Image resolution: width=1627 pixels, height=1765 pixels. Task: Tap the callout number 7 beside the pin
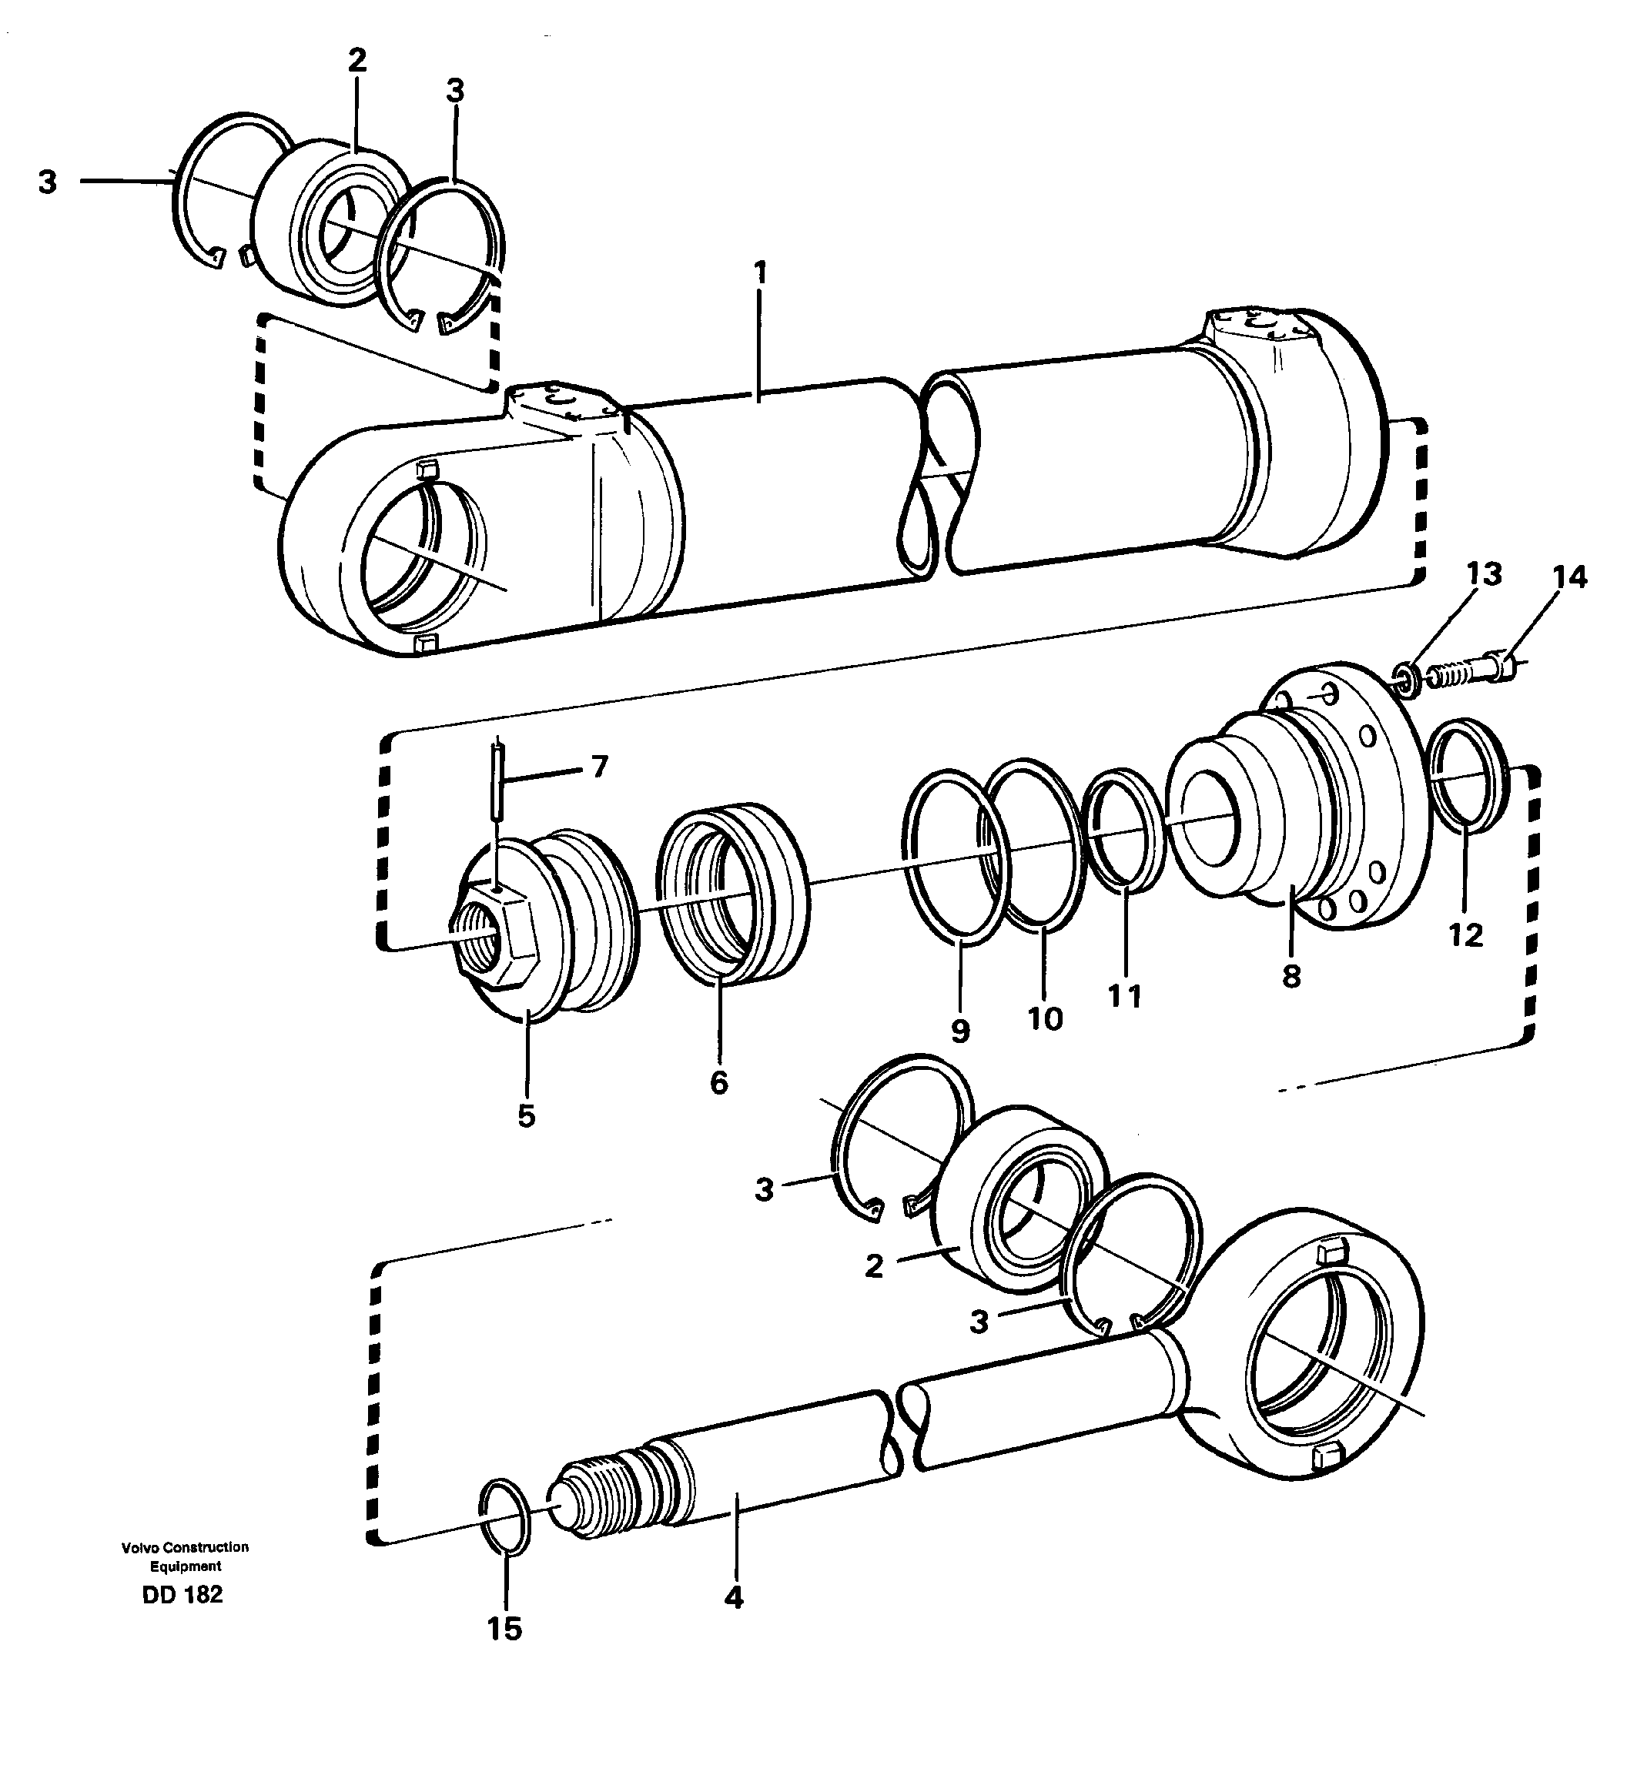pyautogui.click(x=600, y=767)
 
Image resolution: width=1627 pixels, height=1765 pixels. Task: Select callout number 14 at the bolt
pyautogui.click(x=1569, y=577)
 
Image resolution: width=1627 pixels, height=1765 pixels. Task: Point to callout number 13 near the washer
pyautogui.click(x=1484, y=574)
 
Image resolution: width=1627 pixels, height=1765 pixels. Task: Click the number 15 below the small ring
pyautogui.click(x=504, y=1629)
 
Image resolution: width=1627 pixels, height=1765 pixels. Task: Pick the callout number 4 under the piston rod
pyautogui.click(x=733, y=1598)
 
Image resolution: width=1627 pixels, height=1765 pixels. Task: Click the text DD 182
pyautogui.click(x=182, y=1594)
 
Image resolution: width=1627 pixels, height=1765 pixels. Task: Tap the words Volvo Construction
pyautogui.click(x=185, y=1546)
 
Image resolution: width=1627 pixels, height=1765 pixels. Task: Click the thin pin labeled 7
pyautogui.click(x=498, y=774)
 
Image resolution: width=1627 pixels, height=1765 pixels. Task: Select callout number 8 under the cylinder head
pyautogui.click(x=1291, y=975)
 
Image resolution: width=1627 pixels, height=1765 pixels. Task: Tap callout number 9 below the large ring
pyautogui.click(x=959, y=1030)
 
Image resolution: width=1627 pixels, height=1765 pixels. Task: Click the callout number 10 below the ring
pyautogui.click(x=1045, y=1018)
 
